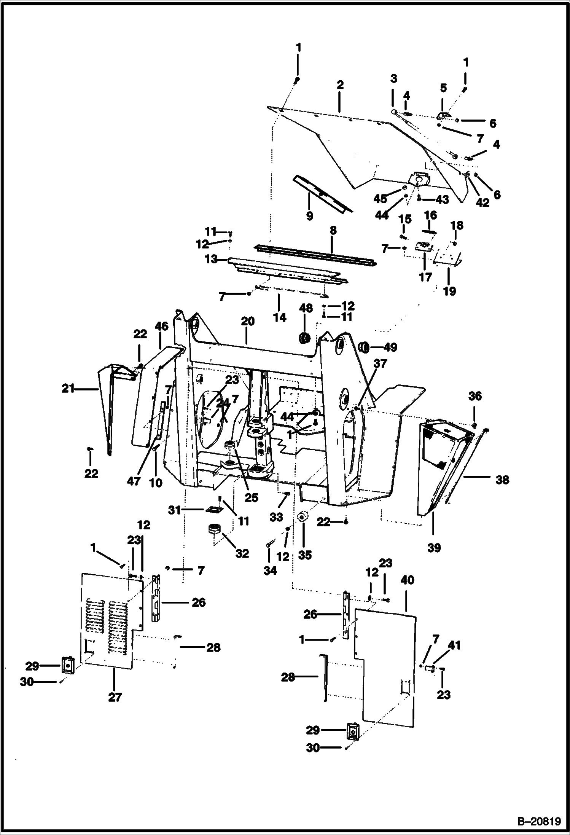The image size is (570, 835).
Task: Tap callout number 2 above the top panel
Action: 340,84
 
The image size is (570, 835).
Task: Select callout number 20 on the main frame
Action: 247,322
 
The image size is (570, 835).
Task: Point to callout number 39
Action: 434,548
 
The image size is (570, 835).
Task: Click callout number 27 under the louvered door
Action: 115,697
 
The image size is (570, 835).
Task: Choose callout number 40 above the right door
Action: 407,580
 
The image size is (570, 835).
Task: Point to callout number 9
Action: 309,216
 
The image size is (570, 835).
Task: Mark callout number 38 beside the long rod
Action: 502,480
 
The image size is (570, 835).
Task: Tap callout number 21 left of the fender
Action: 68,389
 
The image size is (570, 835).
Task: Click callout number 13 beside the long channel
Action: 211,260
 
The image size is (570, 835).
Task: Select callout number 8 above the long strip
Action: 333,231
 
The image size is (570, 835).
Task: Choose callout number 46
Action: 161,326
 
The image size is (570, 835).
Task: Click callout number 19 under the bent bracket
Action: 449,291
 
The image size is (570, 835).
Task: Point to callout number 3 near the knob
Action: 393,78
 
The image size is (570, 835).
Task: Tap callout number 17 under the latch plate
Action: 425,277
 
